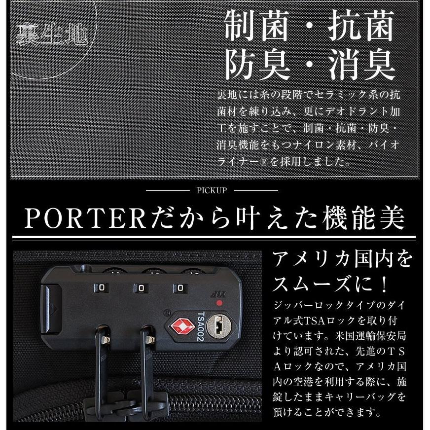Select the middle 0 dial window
point(142,287)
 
